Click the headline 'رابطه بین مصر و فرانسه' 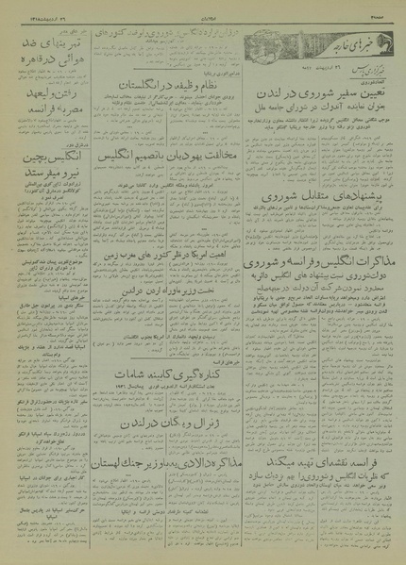click(45, 114)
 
